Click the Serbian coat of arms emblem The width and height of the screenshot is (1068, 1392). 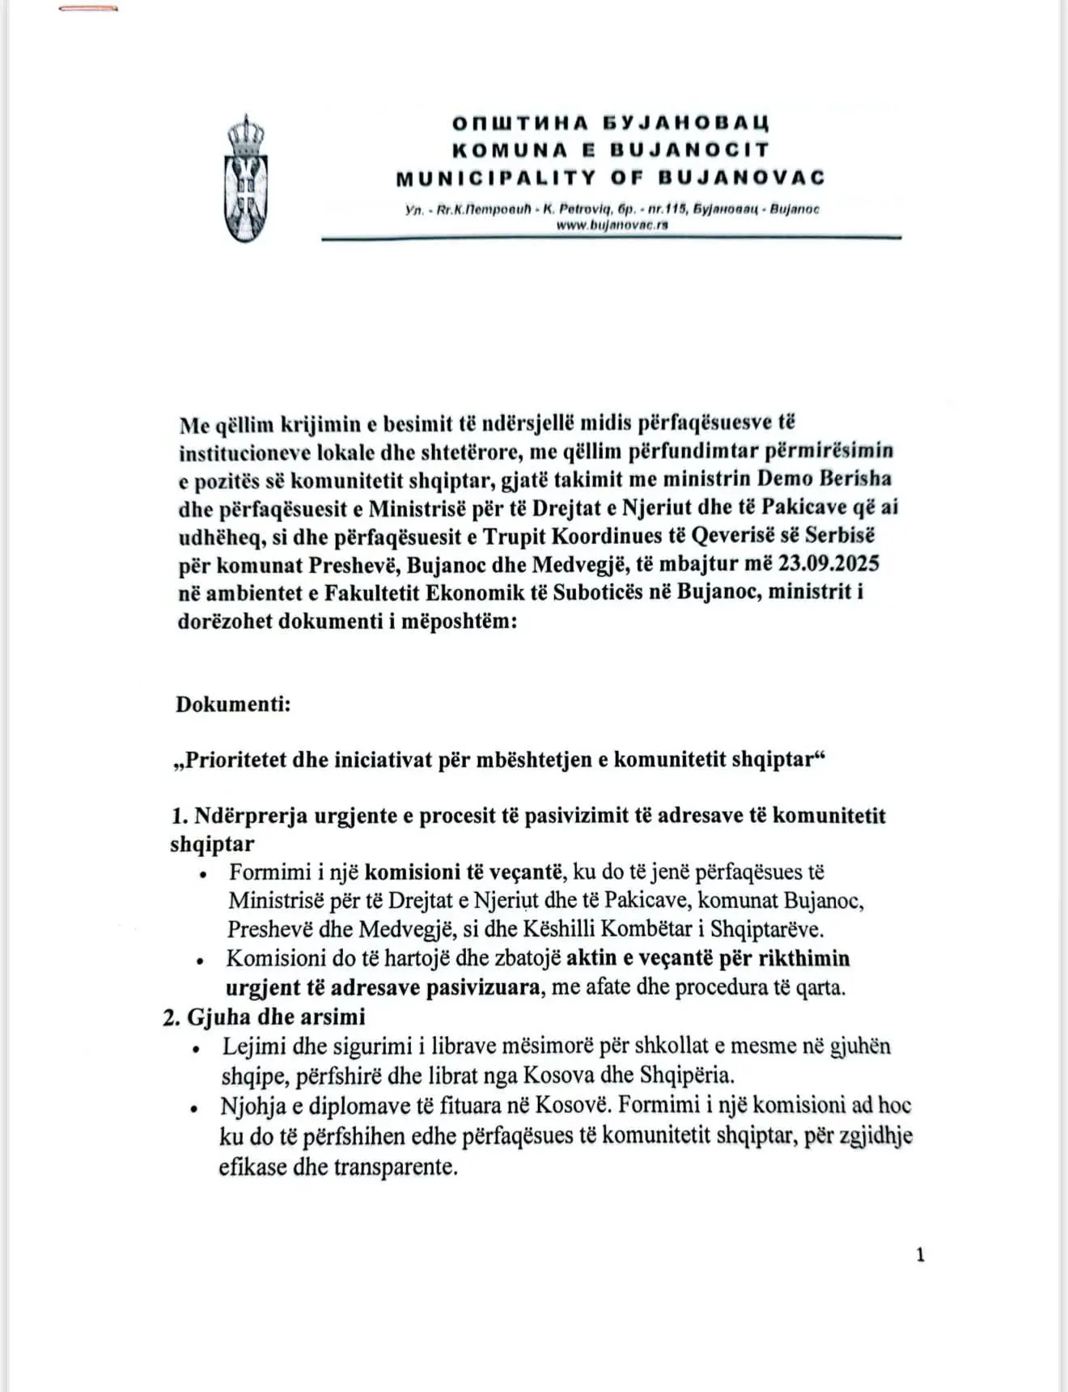[247, 180]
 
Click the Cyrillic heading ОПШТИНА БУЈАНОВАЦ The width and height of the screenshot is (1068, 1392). [610, 123]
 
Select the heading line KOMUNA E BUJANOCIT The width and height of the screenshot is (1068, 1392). [610, 150]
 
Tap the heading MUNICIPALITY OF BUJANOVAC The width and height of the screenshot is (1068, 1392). [610, 177]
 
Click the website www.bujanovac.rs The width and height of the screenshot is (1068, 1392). [612, 226]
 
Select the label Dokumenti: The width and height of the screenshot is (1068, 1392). [233, 703]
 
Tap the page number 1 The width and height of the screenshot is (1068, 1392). [920, 1255]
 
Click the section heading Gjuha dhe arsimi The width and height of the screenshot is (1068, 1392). [276, 1016]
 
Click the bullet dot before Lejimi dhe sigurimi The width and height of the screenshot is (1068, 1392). [196, 1048]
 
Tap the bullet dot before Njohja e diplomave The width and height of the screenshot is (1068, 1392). [194, 1108]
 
